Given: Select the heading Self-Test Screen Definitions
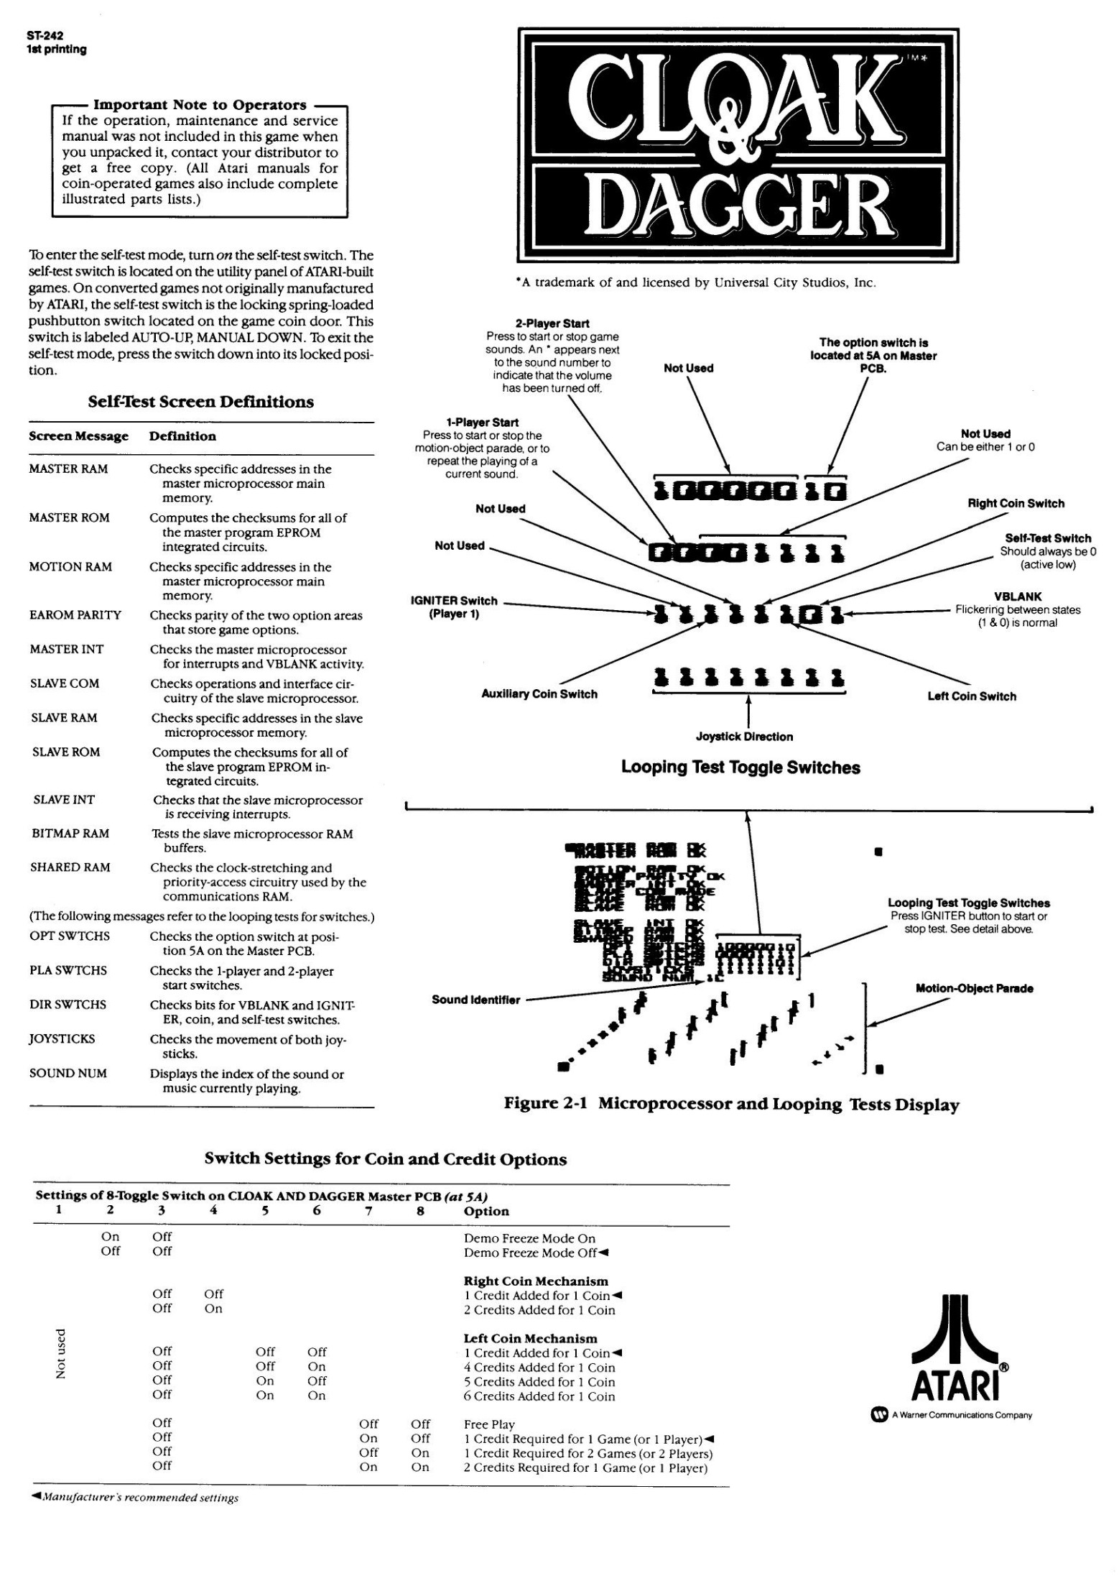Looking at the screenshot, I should (x=200, y=402).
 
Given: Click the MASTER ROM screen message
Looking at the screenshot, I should (x=69, y=518).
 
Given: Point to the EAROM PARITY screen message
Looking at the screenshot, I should (x=75, y=615).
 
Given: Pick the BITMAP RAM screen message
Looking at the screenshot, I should (x=70, y=834).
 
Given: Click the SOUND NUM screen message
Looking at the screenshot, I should (x=68, y=1074).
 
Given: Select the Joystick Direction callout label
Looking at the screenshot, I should (x=744, y=737).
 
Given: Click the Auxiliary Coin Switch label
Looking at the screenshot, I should (x=539, y=694).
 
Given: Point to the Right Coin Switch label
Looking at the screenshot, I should (x=1016, y=504).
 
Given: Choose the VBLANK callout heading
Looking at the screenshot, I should (x=1018, y=596).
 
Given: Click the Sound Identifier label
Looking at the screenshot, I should (x=475, y=1000).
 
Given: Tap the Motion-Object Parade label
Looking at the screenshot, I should (x=974, y=989).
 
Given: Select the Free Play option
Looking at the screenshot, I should (x=489, y=1424).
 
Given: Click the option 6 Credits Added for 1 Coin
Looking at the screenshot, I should (x=539, y=1396).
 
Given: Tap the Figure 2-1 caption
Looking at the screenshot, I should (x=731, y=1105).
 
